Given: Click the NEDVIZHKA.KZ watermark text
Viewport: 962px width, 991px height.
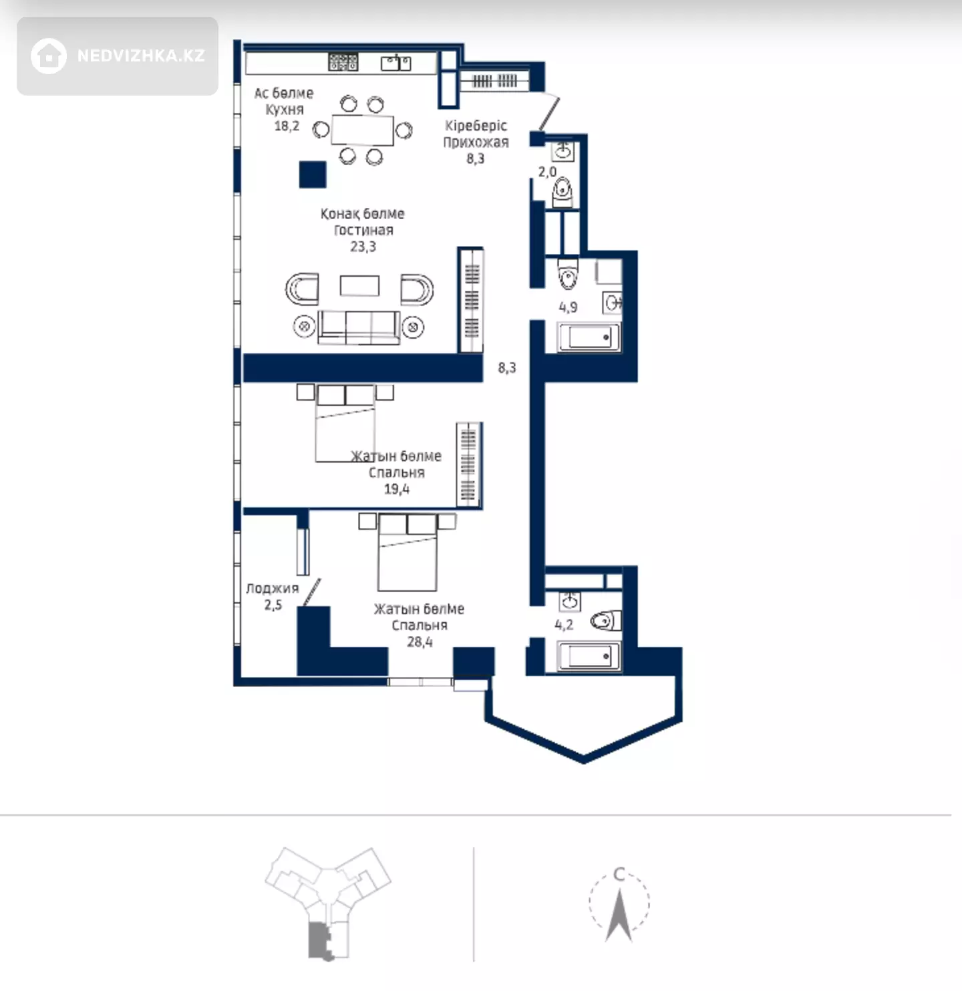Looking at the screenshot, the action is pos(141,55).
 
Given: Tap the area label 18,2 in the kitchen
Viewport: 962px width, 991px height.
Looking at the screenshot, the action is pos(287,126).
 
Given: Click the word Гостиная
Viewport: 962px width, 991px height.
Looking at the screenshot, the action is pos(363,230).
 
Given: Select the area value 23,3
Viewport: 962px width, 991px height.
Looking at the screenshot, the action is pos(363,247).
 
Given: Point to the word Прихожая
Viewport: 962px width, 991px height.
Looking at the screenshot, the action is pos(476,142).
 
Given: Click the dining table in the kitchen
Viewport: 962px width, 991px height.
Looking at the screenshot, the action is pos(362,130).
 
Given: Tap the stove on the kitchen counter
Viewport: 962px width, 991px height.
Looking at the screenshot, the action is pos(343,62).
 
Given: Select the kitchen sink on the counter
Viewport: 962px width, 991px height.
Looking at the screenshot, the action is pos(396,63).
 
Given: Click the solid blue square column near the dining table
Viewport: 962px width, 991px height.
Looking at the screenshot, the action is pos(313,174).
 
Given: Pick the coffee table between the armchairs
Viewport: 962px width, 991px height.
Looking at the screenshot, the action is pos(359,286).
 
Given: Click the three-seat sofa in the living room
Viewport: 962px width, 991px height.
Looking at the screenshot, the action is pos(359,327).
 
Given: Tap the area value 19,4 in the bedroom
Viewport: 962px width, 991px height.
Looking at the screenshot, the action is pos(397,489).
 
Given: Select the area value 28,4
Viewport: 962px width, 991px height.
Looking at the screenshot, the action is pos(420,642).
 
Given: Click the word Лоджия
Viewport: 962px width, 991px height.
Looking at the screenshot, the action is pos(273,589).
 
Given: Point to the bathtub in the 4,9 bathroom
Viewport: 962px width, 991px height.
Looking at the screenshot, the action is pos(589,337).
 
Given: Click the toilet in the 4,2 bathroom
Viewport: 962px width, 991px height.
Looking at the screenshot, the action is pos(606,621).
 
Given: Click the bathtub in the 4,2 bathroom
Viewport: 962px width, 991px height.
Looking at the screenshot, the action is pos(589,656).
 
